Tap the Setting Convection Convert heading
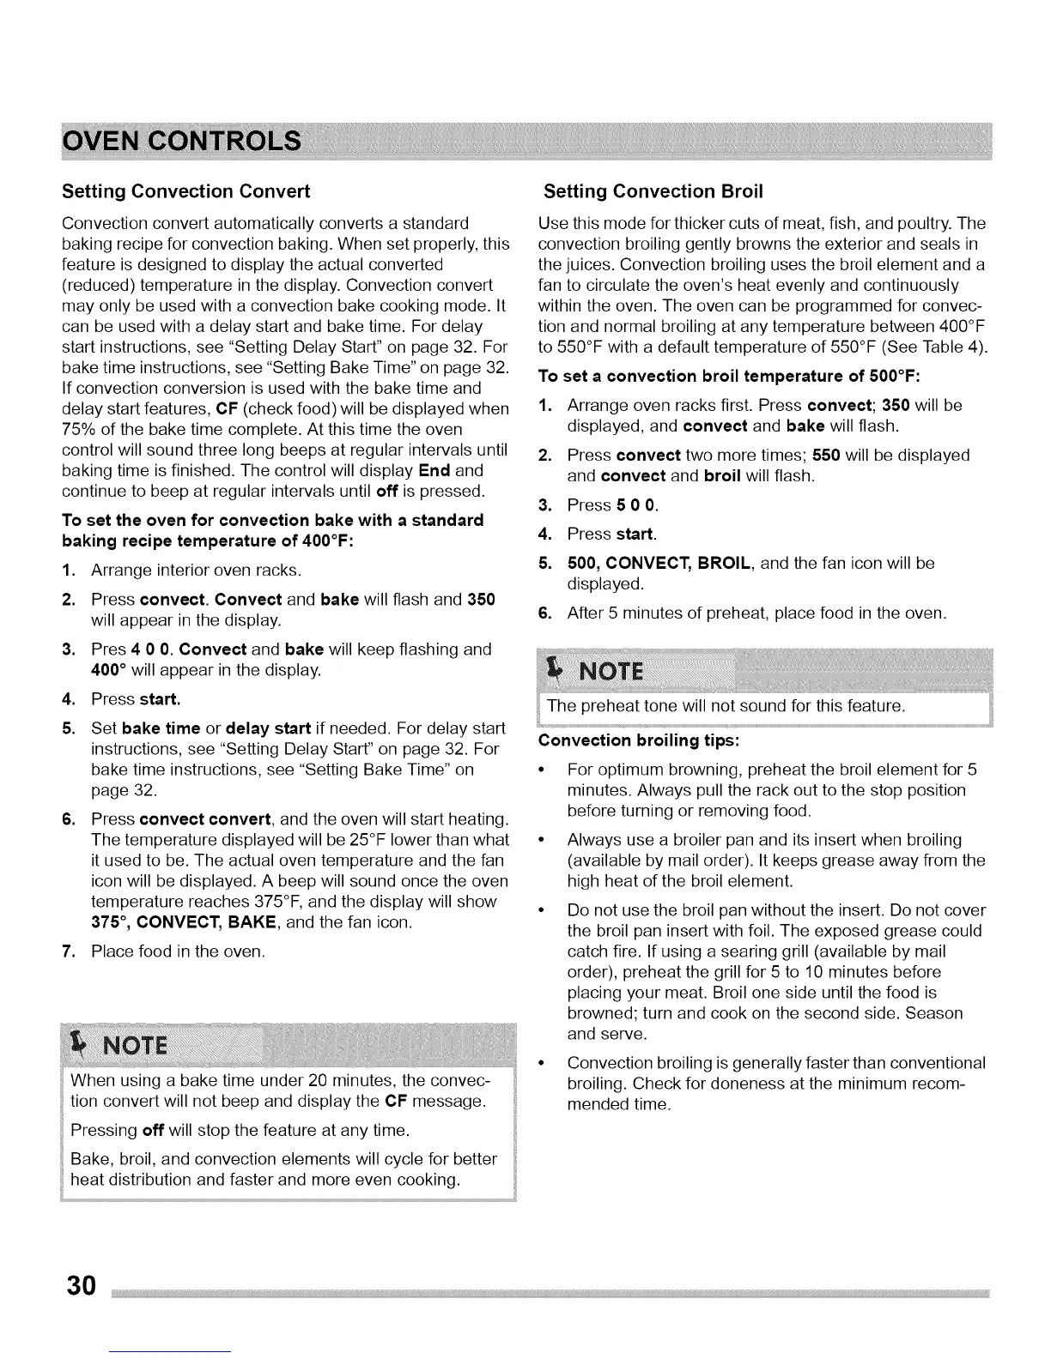click(185, 190)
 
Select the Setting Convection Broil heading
click(653, 190)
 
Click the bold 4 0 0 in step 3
click(150, 649)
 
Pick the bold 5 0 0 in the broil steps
click(635, 504)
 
